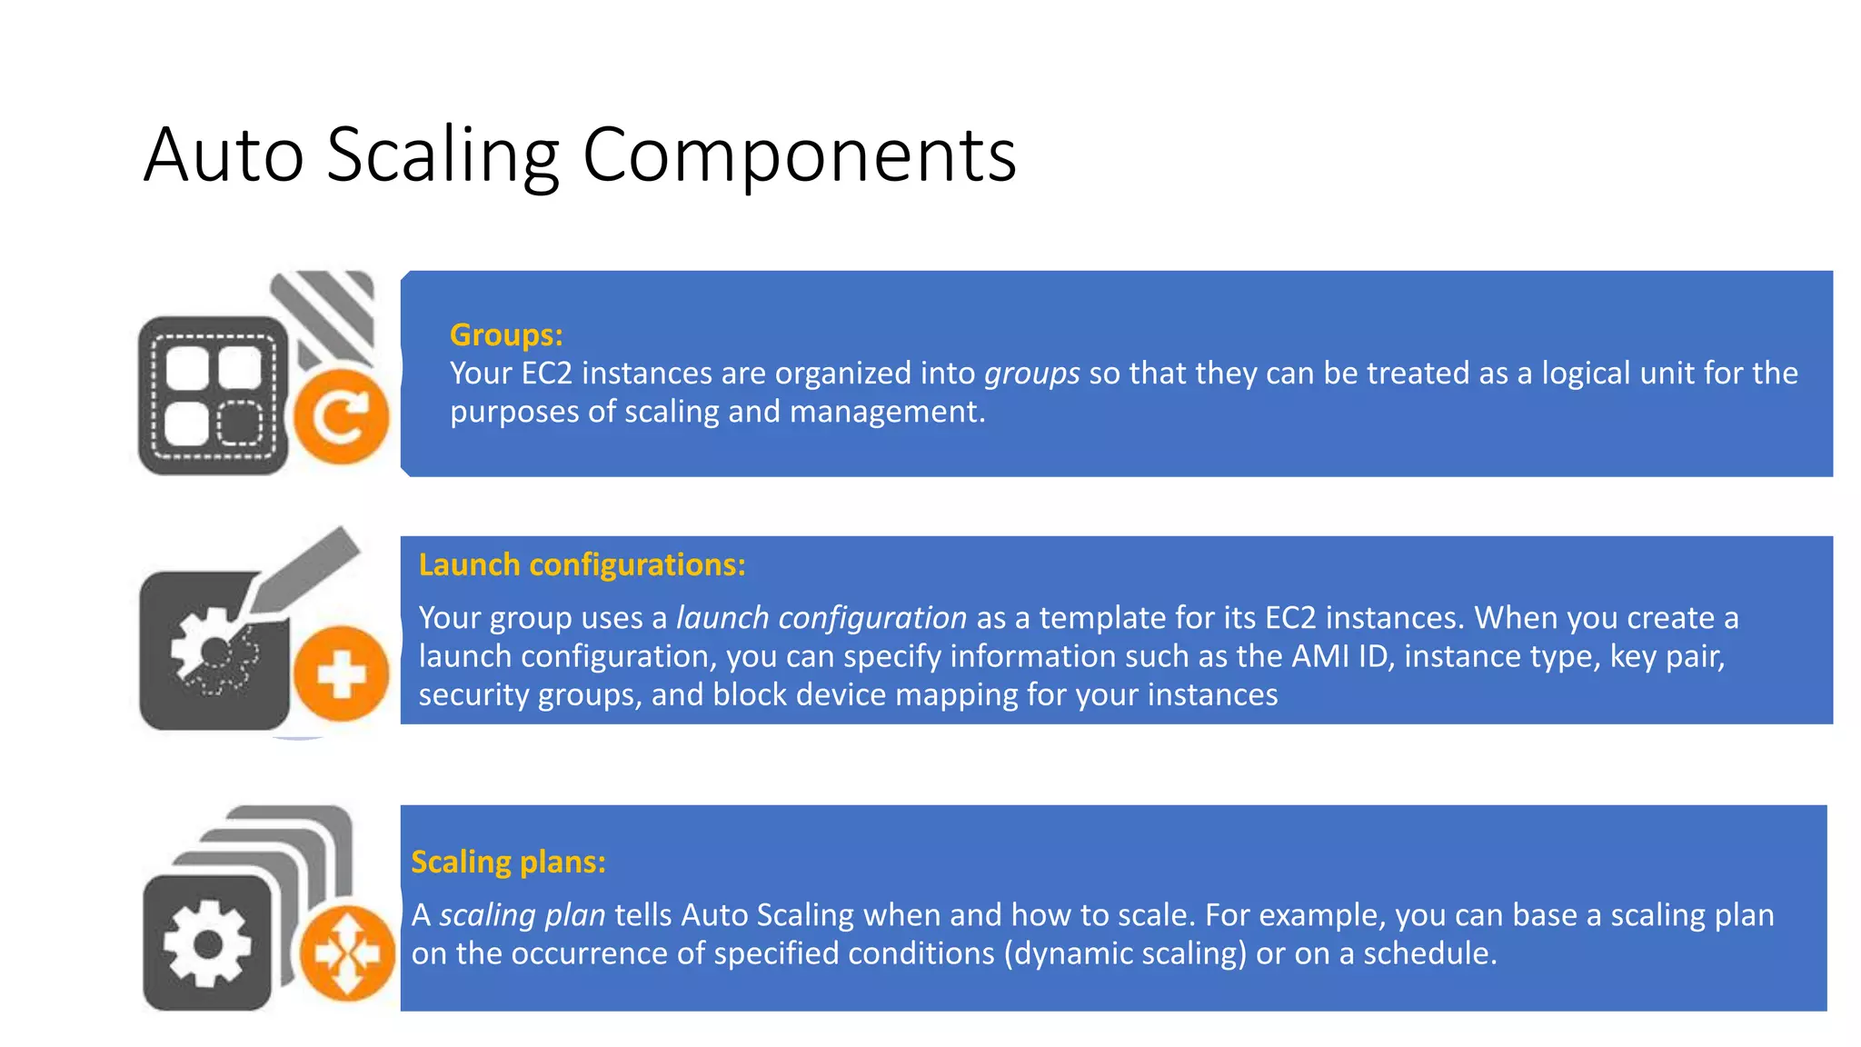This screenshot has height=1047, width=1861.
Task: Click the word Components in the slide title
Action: pyautogui.click(x=799, y=155)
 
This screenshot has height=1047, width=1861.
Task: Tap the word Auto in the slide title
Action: pyautogui.click(x=224, y=155)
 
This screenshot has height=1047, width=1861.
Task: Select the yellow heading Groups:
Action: pyautogui.click(x=506, y=335)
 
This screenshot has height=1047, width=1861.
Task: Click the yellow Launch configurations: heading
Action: pyautogui.click(x=582, y=565)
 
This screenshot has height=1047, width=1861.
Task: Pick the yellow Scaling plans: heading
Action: pyautogui.click(x=508, y=862)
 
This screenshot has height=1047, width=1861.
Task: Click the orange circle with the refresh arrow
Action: pyautogui.click(x=341, y=417)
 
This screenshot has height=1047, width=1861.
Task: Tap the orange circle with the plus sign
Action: pyautogui.click(x=341, y=674)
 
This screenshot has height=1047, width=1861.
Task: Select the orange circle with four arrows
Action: pyautogui.click(x=346, y=953)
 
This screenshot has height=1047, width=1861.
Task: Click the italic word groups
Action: pyautogui.click(x=1031, y=374)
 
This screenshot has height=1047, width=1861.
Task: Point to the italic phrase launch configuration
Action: pyautogui.click(x=821, y=618)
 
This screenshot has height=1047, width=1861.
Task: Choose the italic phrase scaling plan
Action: pyautogui.click(x=522, y=915)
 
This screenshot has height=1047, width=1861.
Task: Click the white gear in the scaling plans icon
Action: pyautogui.click(x=207, y=943)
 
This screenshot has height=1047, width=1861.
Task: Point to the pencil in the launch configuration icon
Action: pyautogui.click(x=304, y=571)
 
